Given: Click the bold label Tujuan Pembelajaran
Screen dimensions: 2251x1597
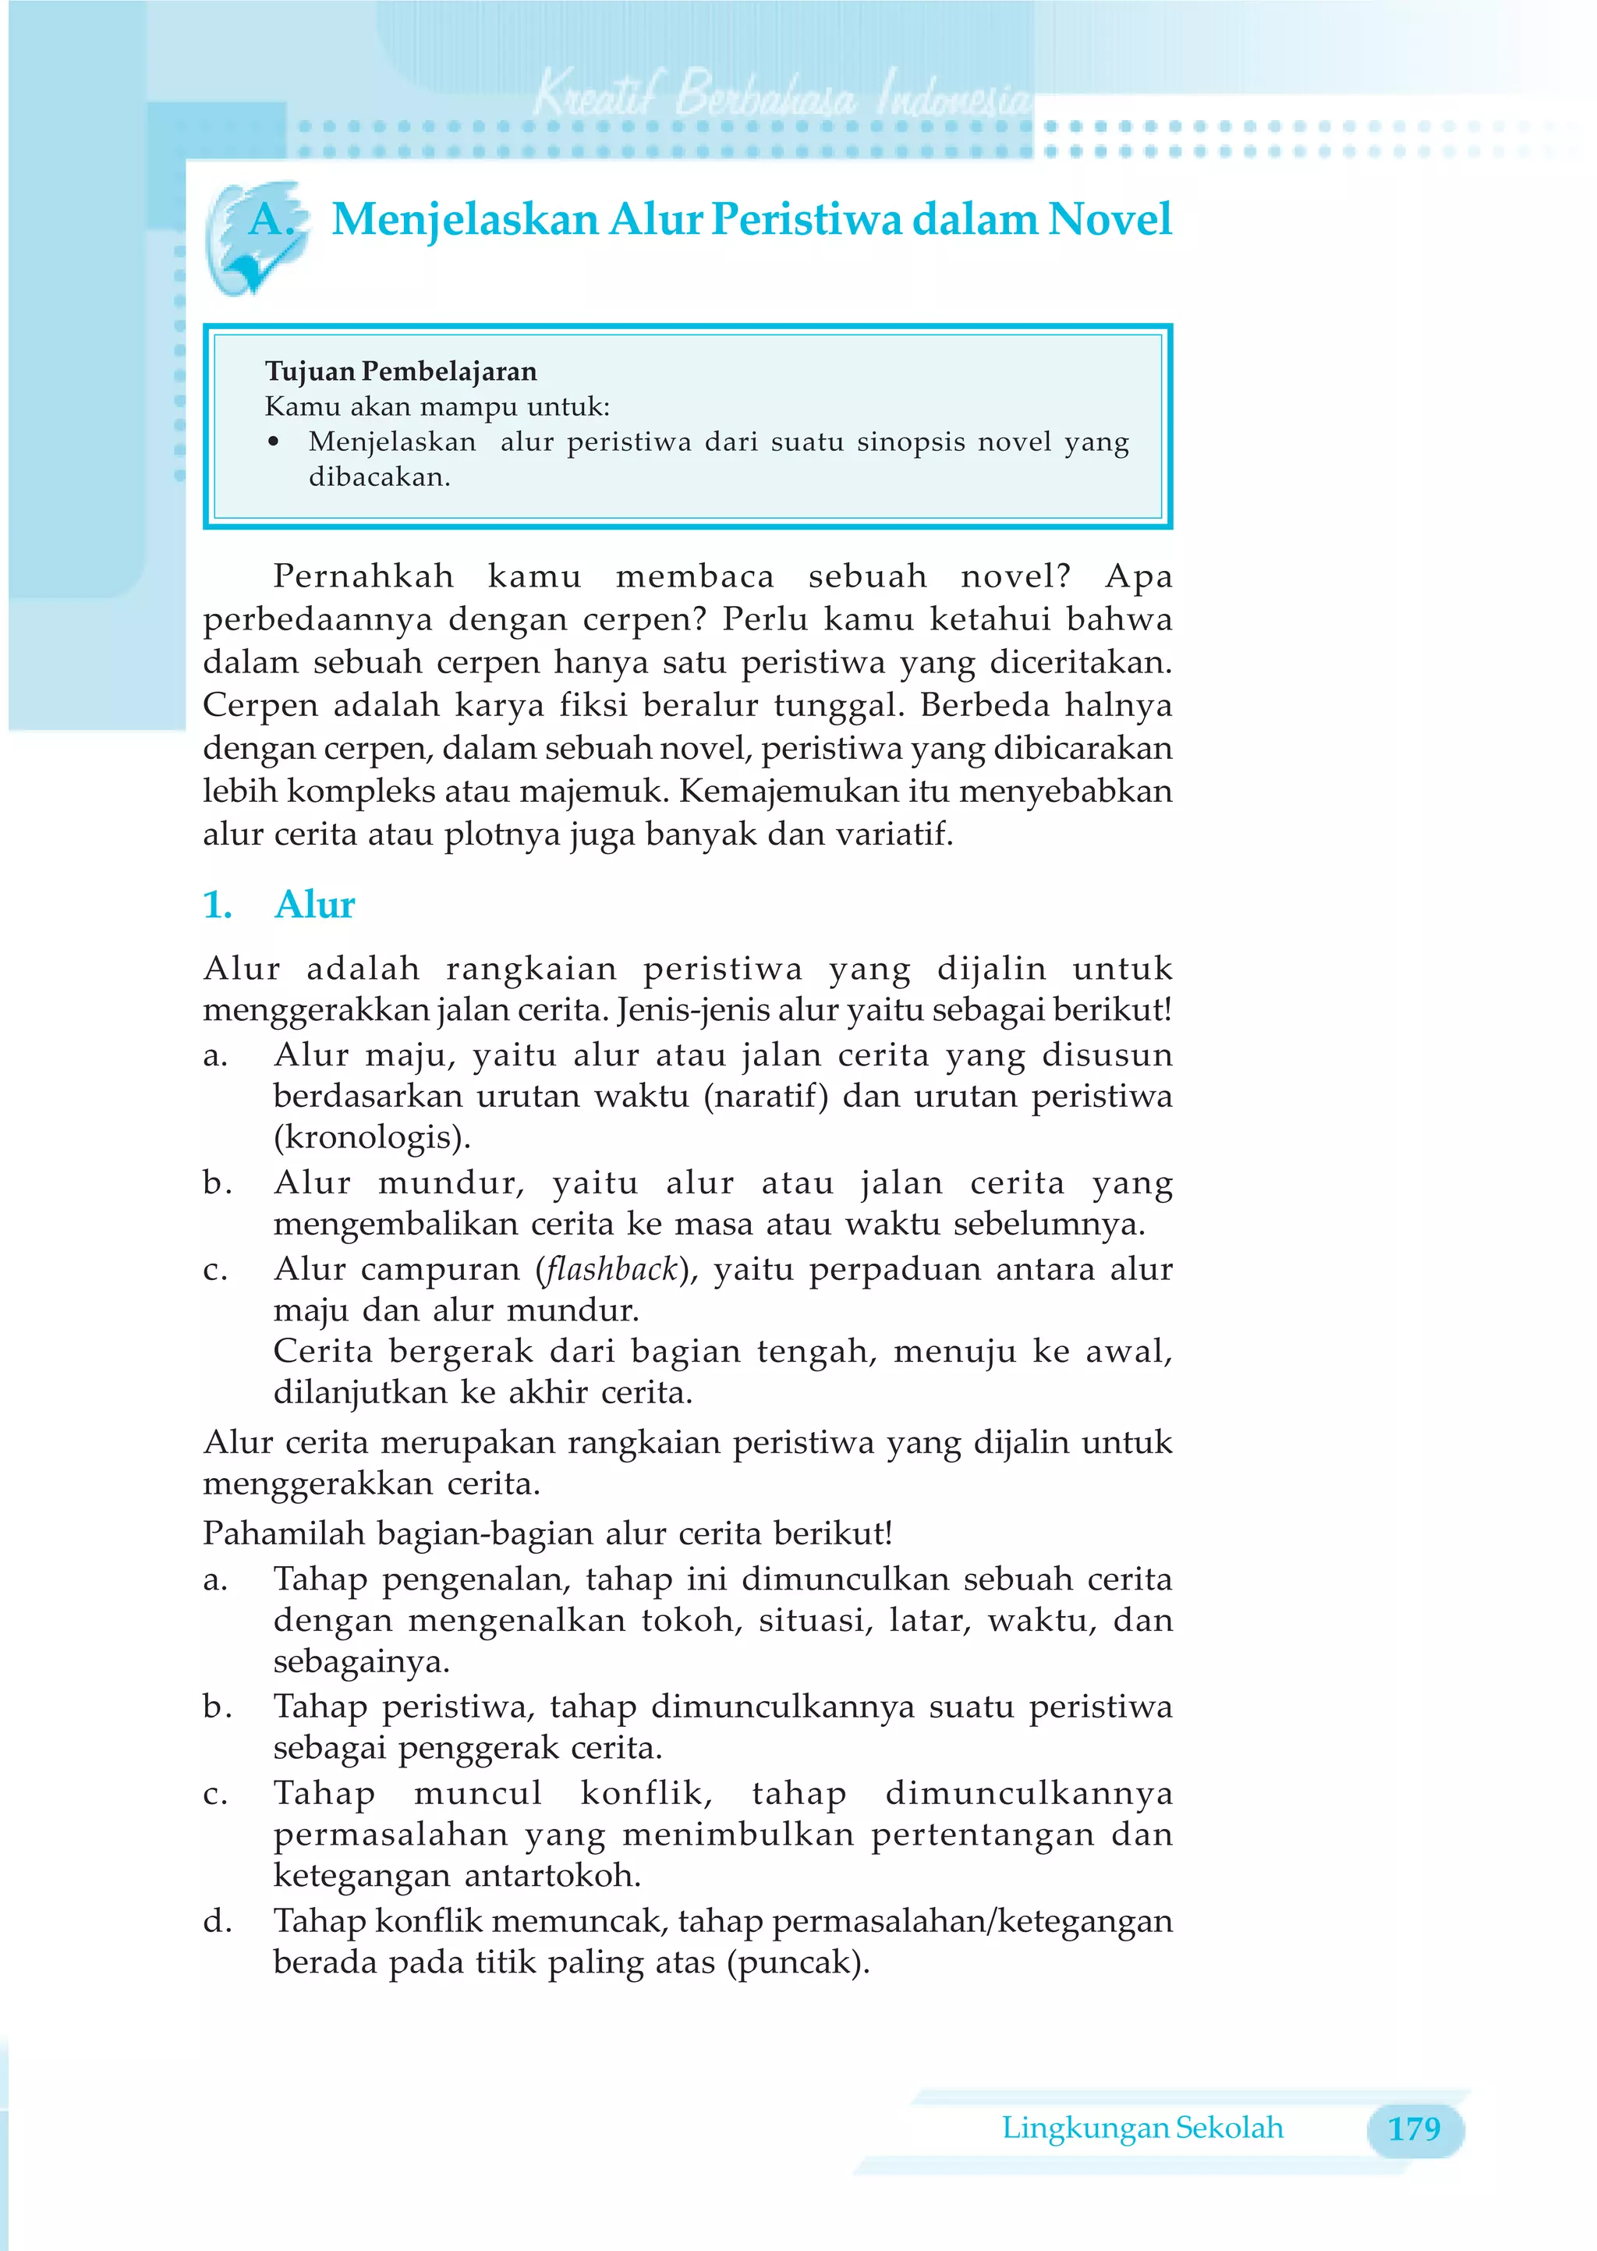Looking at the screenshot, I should coord(402,372).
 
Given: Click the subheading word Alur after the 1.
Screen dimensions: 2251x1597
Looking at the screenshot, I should coord(315,905).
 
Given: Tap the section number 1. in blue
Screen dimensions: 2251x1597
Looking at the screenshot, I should coord(218,905).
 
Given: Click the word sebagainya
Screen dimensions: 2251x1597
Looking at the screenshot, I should coord(361,1663).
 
